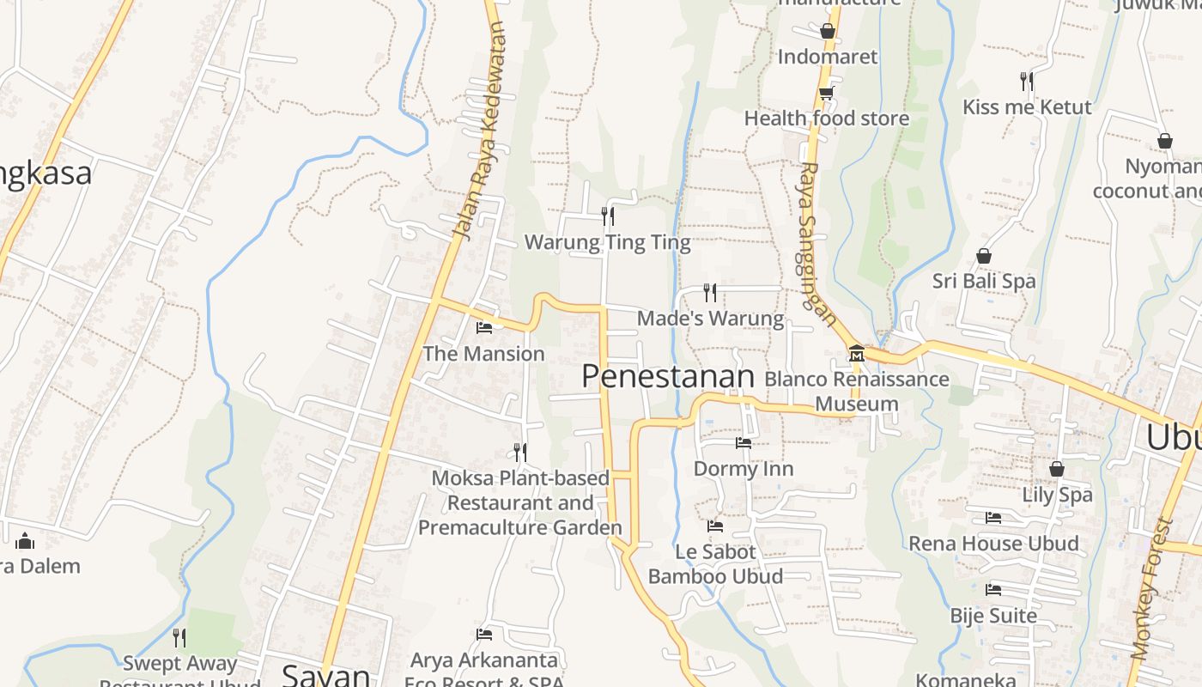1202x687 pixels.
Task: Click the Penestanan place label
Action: [x=668, y=376]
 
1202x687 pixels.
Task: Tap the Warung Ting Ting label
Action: [x=607, y=242]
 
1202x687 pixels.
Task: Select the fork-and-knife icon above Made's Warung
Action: [x=709, y=293]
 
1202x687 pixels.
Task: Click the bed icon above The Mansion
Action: [x=484, y=327]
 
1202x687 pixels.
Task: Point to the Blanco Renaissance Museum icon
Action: [x=856, y=353]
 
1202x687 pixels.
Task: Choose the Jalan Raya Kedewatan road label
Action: [x=479, y=131]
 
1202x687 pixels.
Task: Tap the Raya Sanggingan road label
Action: [x=818, y=244]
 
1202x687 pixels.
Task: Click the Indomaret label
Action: [x=828, y=57]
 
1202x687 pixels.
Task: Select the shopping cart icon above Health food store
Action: [x=826, y=93]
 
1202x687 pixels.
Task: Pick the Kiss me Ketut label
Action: [x=1027, y=107]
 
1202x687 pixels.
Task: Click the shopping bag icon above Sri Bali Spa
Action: [x=984, y=256]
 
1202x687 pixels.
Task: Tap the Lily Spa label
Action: [x=1057, y=495]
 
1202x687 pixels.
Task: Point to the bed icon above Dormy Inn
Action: [x=744, y=443]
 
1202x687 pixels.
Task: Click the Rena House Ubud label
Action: [x=993, y=544]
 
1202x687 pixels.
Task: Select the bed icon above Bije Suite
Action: [x=993, y=590]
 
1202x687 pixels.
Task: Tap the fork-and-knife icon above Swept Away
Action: [x=179, y=637]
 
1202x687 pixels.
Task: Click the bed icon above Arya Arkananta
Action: [x=484, y=635]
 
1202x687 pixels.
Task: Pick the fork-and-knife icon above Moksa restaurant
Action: [x=519, y=452]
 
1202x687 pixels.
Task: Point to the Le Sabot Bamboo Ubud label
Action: [x=715, y=563]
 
